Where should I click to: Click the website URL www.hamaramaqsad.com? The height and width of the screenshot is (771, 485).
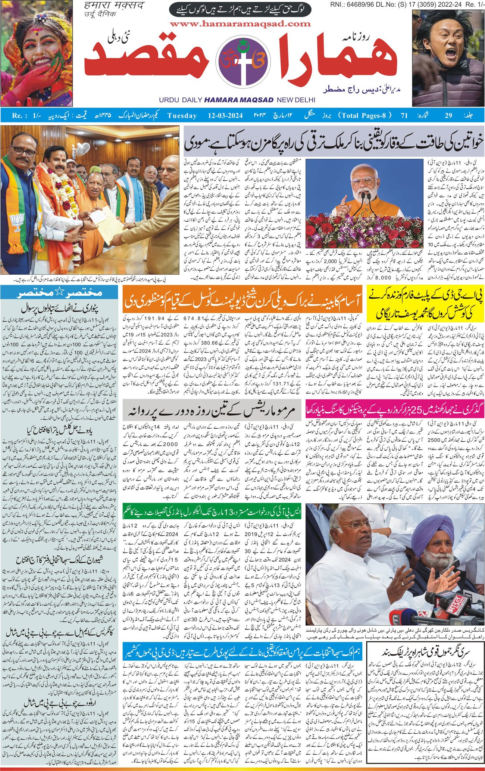(x=240, y=24)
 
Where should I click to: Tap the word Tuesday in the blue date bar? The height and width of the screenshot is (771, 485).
(x=182, y=115)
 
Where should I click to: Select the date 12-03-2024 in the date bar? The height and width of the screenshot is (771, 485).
(x=225, y=115)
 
